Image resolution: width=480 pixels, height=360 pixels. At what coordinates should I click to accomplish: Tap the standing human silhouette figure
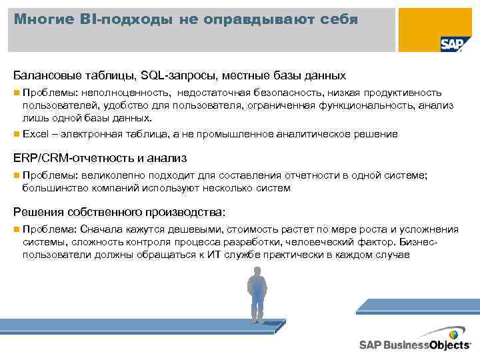257,294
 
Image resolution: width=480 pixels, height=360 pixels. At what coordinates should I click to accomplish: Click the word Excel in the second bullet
35,134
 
